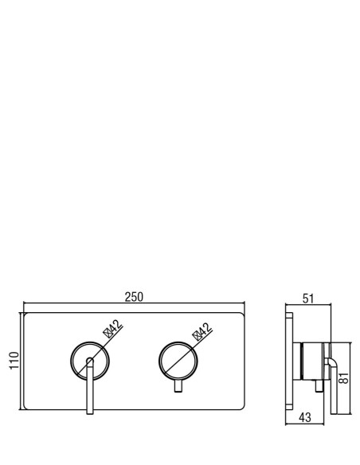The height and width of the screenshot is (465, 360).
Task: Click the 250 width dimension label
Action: (x=134, y=297)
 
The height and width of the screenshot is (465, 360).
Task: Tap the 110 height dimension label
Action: (x=14, y=361)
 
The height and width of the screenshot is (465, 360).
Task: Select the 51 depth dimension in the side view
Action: (x=307, y=299)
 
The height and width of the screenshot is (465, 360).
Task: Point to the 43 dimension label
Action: (x=305, y=417)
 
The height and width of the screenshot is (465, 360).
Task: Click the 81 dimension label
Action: (x=344, y=377)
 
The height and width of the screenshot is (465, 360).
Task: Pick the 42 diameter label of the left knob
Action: (x=115, y=326)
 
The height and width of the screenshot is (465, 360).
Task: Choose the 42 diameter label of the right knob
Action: (x=205, y=329)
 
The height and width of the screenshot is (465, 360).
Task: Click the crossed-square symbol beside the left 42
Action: (x=108, y=334)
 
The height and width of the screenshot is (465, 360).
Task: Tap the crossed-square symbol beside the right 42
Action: (x=197, y=336)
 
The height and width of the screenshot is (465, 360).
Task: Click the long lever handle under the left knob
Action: (x=90, y=389)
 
